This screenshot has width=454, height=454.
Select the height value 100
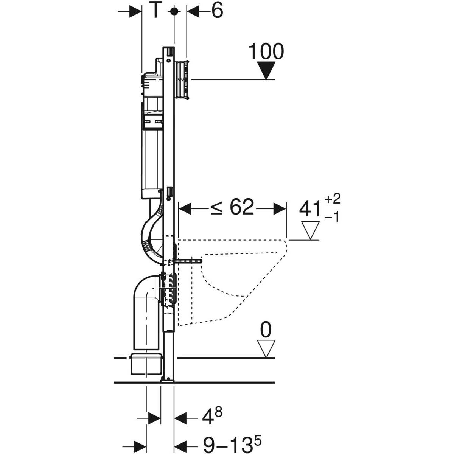[x=266, y=51]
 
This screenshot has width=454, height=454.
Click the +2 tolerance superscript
[x=332, y=199]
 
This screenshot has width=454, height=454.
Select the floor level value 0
[x=266, y=330]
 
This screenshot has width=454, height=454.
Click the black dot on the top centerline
[x=174, y=11]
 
